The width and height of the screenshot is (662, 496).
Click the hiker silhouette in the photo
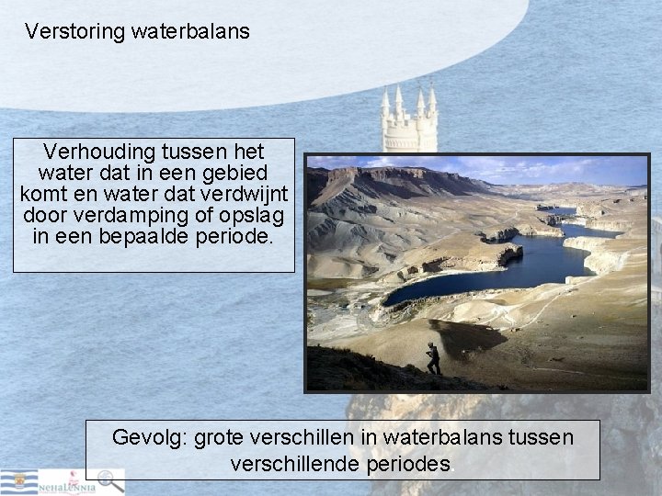433,359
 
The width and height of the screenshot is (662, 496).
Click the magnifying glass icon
109,479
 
